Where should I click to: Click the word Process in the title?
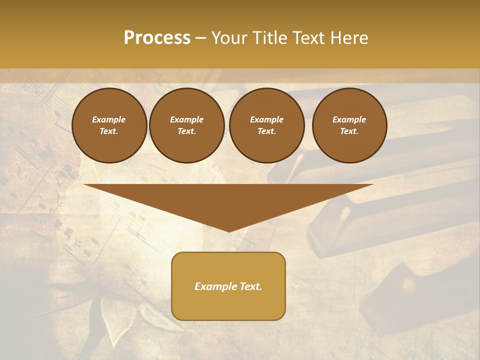tap(157, 38)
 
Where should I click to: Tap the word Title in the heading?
tap(268, 38)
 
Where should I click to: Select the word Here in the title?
tap(348, 38)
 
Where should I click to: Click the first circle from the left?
tap(109, 125)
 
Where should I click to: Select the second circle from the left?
tap(187, 125)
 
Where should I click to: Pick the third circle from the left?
tap(266, 125)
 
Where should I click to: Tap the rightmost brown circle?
tap(349, 125)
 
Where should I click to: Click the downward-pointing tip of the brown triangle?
tap(228, 231)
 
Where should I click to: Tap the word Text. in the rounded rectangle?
tap(250, 286)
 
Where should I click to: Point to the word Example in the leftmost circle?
tap(109, 119)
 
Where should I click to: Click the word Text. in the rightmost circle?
tap(349, 131)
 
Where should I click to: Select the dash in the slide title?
tap(201, 38)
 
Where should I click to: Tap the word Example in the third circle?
tap(266, 119)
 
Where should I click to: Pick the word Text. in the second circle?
tap(187, 131)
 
